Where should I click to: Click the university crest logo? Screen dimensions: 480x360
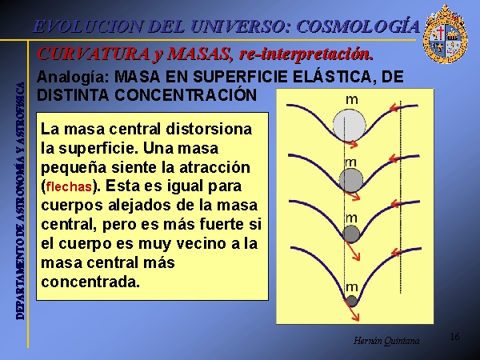[445, 34]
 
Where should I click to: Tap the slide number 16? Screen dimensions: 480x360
[454, 337]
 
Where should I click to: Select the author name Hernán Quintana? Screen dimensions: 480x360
[386, 341]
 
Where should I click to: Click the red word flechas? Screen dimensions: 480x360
[69, 186]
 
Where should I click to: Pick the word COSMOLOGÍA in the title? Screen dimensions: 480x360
[358, 26]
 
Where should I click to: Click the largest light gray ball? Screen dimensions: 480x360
[350, 126]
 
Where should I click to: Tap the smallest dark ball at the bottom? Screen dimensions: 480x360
[351, 301]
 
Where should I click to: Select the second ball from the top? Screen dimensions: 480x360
[351, 180]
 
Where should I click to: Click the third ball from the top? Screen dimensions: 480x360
[351, 234]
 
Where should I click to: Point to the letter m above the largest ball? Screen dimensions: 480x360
[351, 100]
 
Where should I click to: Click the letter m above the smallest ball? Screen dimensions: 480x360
[351, 287]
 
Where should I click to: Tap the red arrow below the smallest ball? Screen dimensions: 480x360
[352, 310]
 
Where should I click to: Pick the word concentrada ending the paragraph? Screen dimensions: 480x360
[90, 282]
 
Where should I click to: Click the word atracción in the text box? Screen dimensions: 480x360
[214, 168]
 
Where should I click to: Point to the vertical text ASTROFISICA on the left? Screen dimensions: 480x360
[21, 113]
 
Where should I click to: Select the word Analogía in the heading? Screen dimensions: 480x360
[73, 78]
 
